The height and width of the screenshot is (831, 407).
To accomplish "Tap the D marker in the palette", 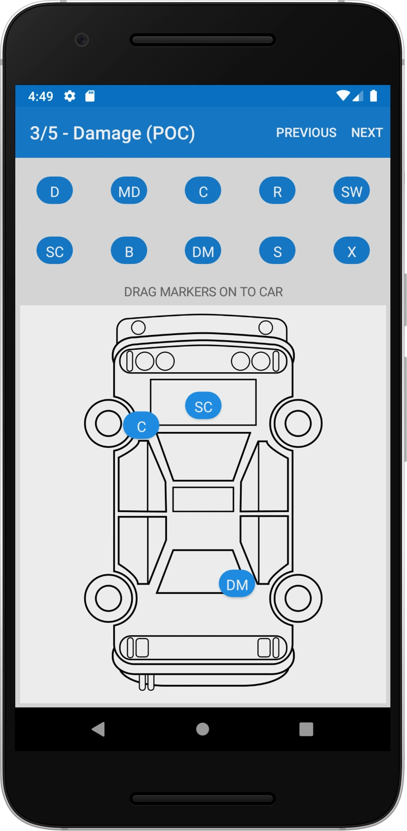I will pos(55,191).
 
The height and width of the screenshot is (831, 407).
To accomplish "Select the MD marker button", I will pos(129,191).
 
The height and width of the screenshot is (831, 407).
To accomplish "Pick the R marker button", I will pos(277,191).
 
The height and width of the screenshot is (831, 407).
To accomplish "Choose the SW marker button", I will pos(351,191).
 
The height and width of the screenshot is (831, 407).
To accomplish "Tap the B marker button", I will pos(129,251).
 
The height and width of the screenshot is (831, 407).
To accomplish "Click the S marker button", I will pos(277,251).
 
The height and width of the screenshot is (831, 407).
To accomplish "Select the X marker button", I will pos(351,251).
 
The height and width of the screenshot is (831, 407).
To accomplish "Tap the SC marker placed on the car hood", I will pos(203,406).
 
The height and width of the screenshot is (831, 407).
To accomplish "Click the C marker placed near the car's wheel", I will pos(141,426).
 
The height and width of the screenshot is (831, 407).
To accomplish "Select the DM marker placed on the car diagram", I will pos(237,584).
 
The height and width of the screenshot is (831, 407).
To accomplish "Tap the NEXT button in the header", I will pos(367,132).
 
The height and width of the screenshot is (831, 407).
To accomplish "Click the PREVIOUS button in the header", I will pos(306,132).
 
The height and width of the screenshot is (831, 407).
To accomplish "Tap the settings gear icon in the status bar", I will pos(70,96).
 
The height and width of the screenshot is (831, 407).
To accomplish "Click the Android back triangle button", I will pos(98,729).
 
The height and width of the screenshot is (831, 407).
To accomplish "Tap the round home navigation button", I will pos(202,729).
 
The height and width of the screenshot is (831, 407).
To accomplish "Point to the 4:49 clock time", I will pos(41,96).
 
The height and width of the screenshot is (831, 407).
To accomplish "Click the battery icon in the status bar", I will pos(374,96).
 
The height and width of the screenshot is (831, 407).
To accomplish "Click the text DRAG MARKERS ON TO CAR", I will pos(203,292).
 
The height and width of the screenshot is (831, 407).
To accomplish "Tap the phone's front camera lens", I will pos(82,40).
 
